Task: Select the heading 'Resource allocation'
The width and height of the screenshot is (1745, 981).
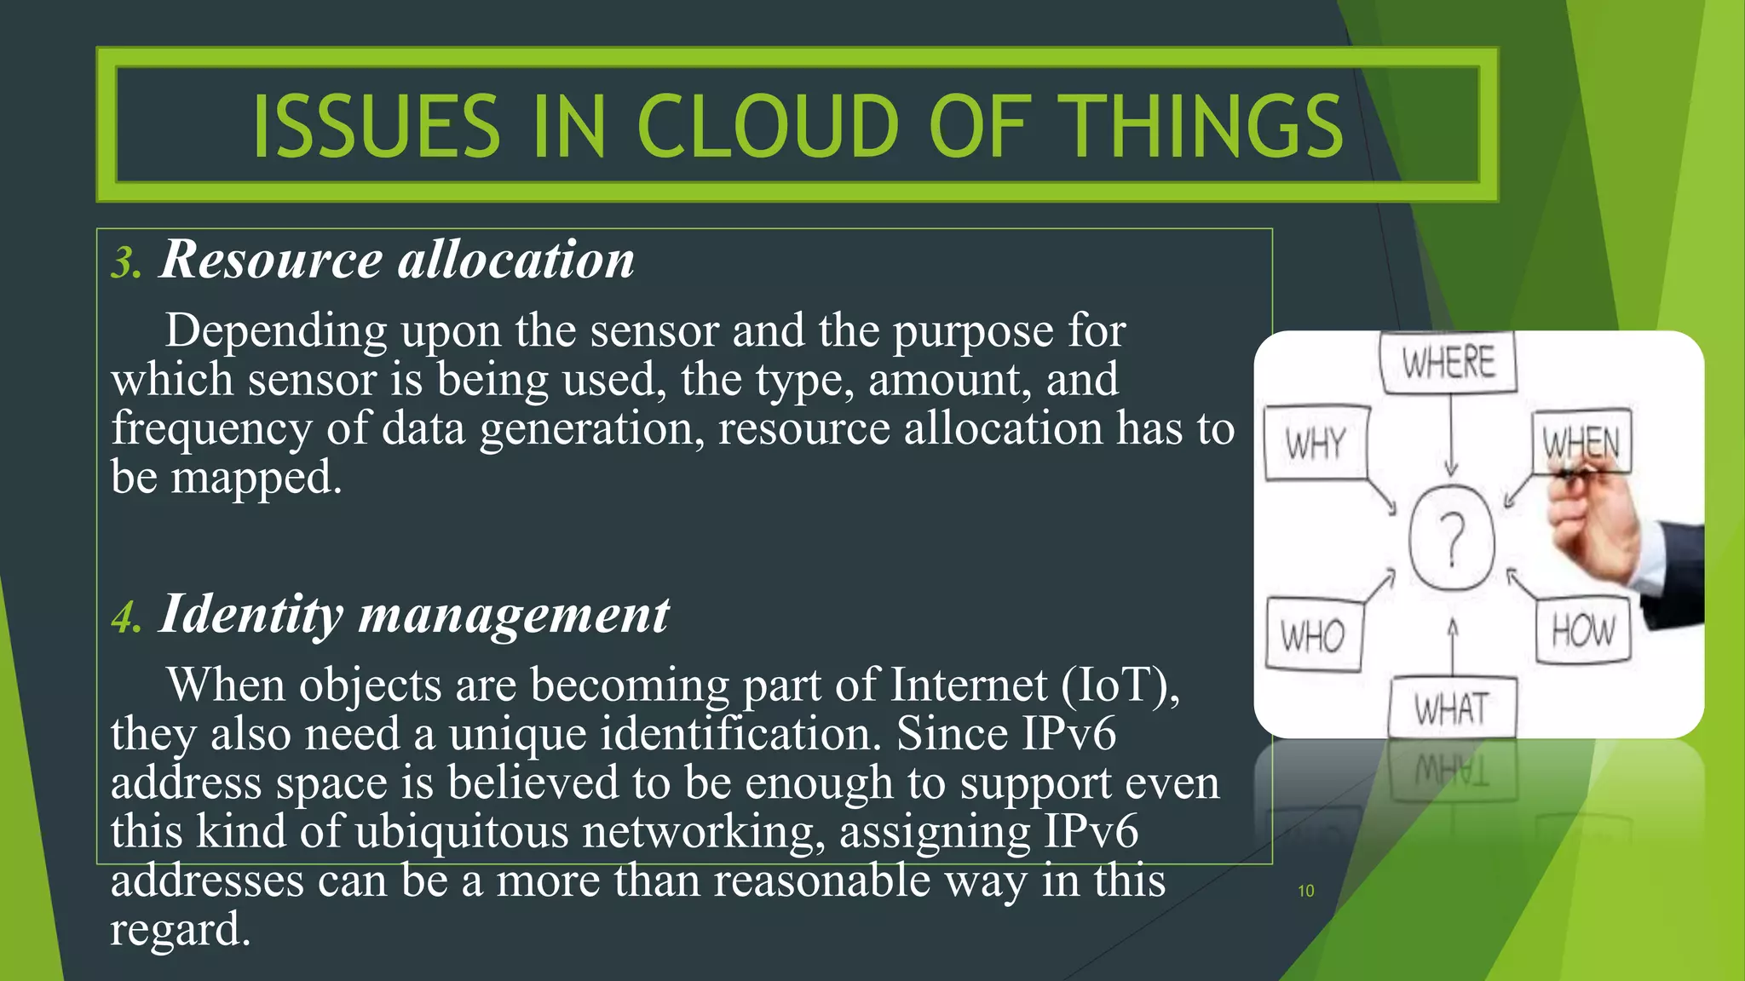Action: coord(397,259)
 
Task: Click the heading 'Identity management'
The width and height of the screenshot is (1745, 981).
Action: coord(414,614)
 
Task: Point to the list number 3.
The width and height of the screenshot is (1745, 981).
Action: coord(125,263)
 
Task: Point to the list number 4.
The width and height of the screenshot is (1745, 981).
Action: coord(125,618)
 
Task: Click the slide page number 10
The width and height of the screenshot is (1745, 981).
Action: coord(1305,891)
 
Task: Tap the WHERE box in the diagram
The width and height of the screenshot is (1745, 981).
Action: coord(1448,363)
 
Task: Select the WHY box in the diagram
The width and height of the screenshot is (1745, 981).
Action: coord(1316,443)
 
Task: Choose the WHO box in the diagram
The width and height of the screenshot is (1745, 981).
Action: coord(1312,635)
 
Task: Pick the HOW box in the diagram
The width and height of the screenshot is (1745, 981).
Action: coord(1582,631)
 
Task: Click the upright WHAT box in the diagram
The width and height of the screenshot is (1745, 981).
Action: coord(1452,708)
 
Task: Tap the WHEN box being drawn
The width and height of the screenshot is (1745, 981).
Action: coord(1581,441)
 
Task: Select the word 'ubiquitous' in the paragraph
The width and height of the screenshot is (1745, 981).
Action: coord(461,831)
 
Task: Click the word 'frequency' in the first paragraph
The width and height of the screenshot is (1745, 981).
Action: coord(211,427)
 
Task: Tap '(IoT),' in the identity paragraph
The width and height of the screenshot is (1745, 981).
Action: coord(1120,685)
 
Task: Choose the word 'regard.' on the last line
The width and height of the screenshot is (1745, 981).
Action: coord(181,929)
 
